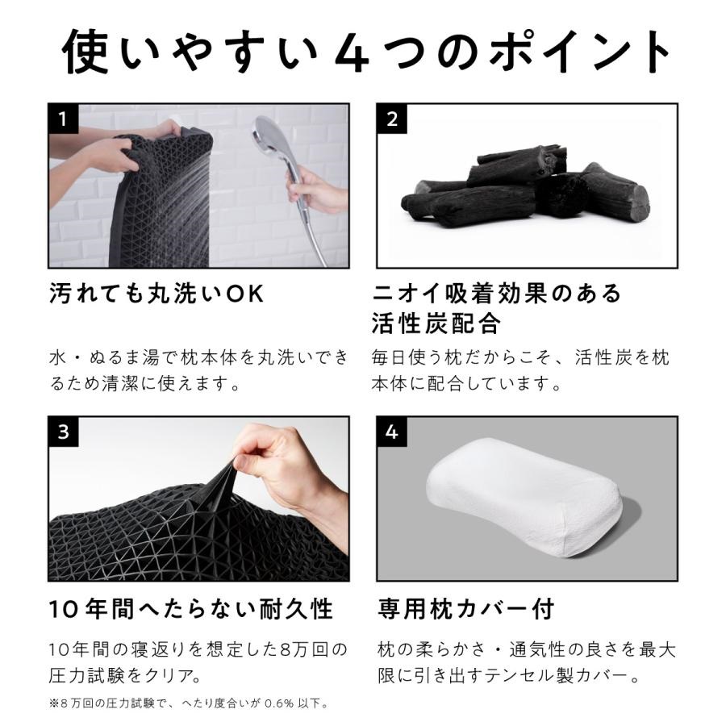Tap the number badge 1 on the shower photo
tap(64, 119)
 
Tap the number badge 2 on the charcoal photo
tap(392, 119)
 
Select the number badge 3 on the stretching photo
tap(64, 432)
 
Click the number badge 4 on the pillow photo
tap(392, 432)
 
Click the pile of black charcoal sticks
tap(524, 190)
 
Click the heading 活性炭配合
tap(436, 324)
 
